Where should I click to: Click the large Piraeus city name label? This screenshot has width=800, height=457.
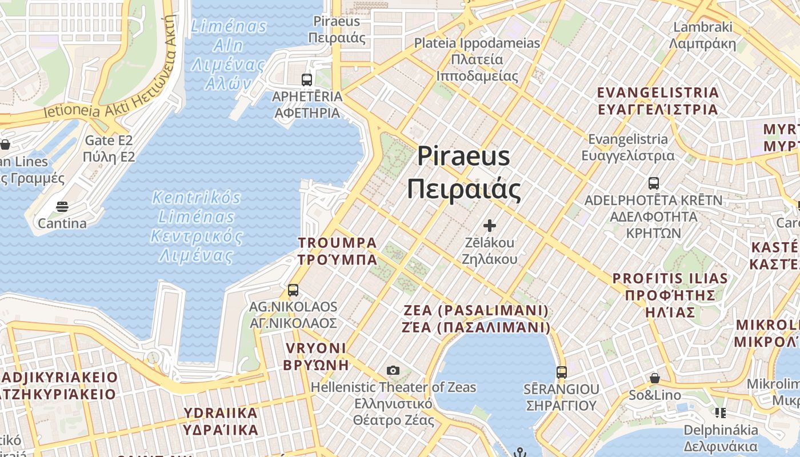point(463,172)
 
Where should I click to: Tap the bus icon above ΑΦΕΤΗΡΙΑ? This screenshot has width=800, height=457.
point(307,80)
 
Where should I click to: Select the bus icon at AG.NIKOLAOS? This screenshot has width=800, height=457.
point(293,290)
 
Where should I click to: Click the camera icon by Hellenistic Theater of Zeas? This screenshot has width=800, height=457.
point(393,370)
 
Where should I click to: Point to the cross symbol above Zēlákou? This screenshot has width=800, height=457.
point(490,226)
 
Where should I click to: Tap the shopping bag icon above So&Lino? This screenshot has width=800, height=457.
point(655,378)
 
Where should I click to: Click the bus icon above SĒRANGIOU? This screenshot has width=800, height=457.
point(562,372)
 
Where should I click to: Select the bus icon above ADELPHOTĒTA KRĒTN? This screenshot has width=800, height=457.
point(654,183)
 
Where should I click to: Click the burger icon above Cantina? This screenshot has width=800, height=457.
point(62,206)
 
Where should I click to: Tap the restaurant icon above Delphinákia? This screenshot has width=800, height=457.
point(720,412)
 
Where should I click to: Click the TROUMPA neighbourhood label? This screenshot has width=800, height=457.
point(337,251)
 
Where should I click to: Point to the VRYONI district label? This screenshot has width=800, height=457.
point(317,356)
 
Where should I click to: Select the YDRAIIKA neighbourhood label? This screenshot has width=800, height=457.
point(221,420)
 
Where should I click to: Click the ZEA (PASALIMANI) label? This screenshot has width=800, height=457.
point(477,319)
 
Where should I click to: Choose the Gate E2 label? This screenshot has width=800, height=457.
point(109,148)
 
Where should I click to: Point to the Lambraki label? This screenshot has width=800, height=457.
point(702,35)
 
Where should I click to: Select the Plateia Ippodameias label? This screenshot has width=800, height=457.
point(477,59)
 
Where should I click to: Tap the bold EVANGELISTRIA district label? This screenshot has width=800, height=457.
point(658,101)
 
